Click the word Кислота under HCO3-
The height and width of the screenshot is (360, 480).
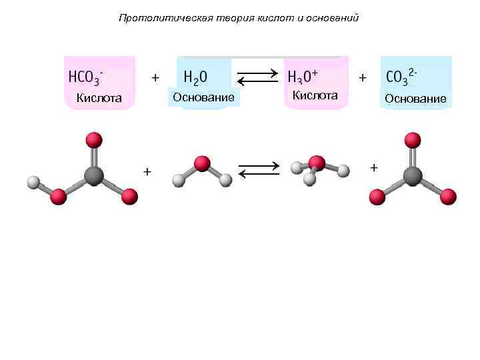[99, 99]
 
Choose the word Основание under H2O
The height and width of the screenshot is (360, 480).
[203, 98]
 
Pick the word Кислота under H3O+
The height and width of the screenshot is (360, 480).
[315, 95]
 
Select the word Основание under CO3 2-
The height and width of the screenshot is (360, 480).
[415, 99]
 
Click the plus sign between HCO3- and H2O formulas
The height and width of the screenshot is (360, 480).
[155, 77]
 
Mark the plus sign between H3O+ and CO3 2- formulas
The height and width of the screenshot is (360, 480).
[363, 77]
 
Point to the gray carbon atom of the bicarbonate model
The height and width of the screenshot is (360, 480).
[94, 175]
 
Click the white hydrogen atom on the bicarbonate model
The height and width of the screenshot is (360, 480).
[33, 181]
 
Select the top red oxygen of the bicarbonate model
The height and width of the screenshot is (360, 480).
[94, 140]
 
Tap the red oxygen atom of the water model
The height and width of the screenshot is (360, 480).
[201, 163]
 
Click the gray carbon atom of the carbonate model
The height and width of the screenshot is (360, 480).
[413, 175]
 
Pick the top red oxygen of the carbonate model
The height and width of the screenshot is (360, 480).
[413, 140]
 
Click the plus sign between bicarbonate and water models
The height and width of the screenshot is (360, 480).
[147, 172]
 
